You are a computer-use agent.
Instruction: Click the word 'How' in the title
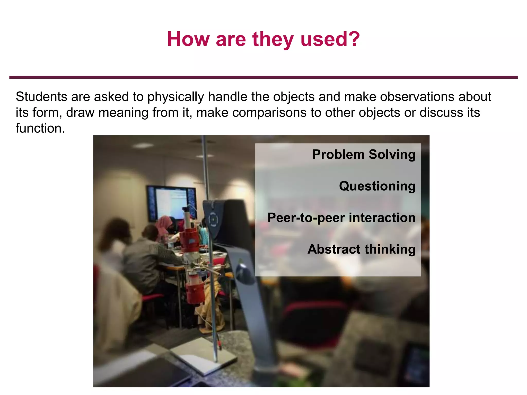188,39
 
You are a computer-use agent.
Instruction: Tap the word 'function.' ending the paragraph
40,128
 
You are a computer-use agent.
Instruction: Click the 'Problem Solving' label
364,155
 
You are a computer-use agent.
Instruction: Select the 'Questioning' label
377,186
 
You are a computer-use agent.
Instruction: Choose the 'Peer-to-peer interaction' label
341,218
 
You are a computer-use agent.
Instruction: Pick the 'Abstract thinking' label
361,249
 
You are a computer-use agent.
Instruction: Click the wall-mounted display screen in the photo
171,203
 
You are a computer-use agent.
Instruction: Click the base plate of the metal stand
203,356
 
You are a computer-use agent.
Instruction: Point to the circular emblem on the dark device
213,219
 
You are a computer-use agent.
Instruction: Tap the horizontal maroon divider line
263,77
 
